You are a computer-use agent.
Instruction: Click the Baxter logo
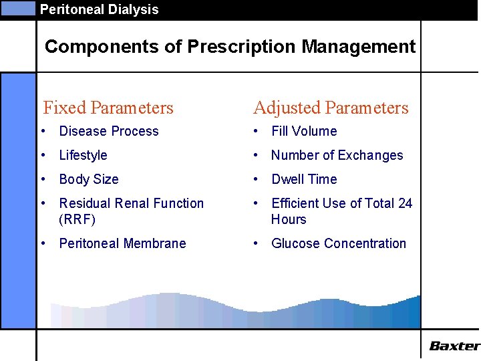pos(454,346)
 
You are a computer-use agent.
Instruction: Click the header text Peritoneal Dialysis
pos(99,9)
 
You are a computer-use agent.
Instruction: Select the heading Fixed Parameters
pos(108,108)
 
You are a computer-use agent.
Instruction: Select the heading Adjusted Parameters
pos(331,108)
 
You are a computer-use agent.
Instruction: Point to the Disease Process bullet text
pos(109,131)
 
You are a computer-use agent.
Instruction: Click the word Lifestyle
pos(83,155)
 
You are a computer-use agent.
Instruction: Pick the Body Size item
pos(89,179)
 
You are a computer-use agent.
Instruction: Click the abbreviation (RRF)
pos(77,219)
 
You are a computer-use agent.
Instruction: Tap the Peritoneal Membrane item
pos(122,243)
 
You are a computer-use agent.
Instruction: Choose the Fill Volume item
pos(304,131)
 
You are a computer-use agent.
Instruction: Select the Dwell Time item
pos(304,179)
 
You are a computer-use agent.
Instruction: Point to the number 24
pos(405,203)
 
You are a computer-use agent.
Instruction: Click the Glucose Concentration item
pos(339,243)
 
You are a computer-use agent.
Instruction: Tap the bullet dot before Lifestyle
pos(43,156)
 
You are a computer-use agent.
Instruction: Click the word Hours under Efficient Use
pos(289,219)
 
